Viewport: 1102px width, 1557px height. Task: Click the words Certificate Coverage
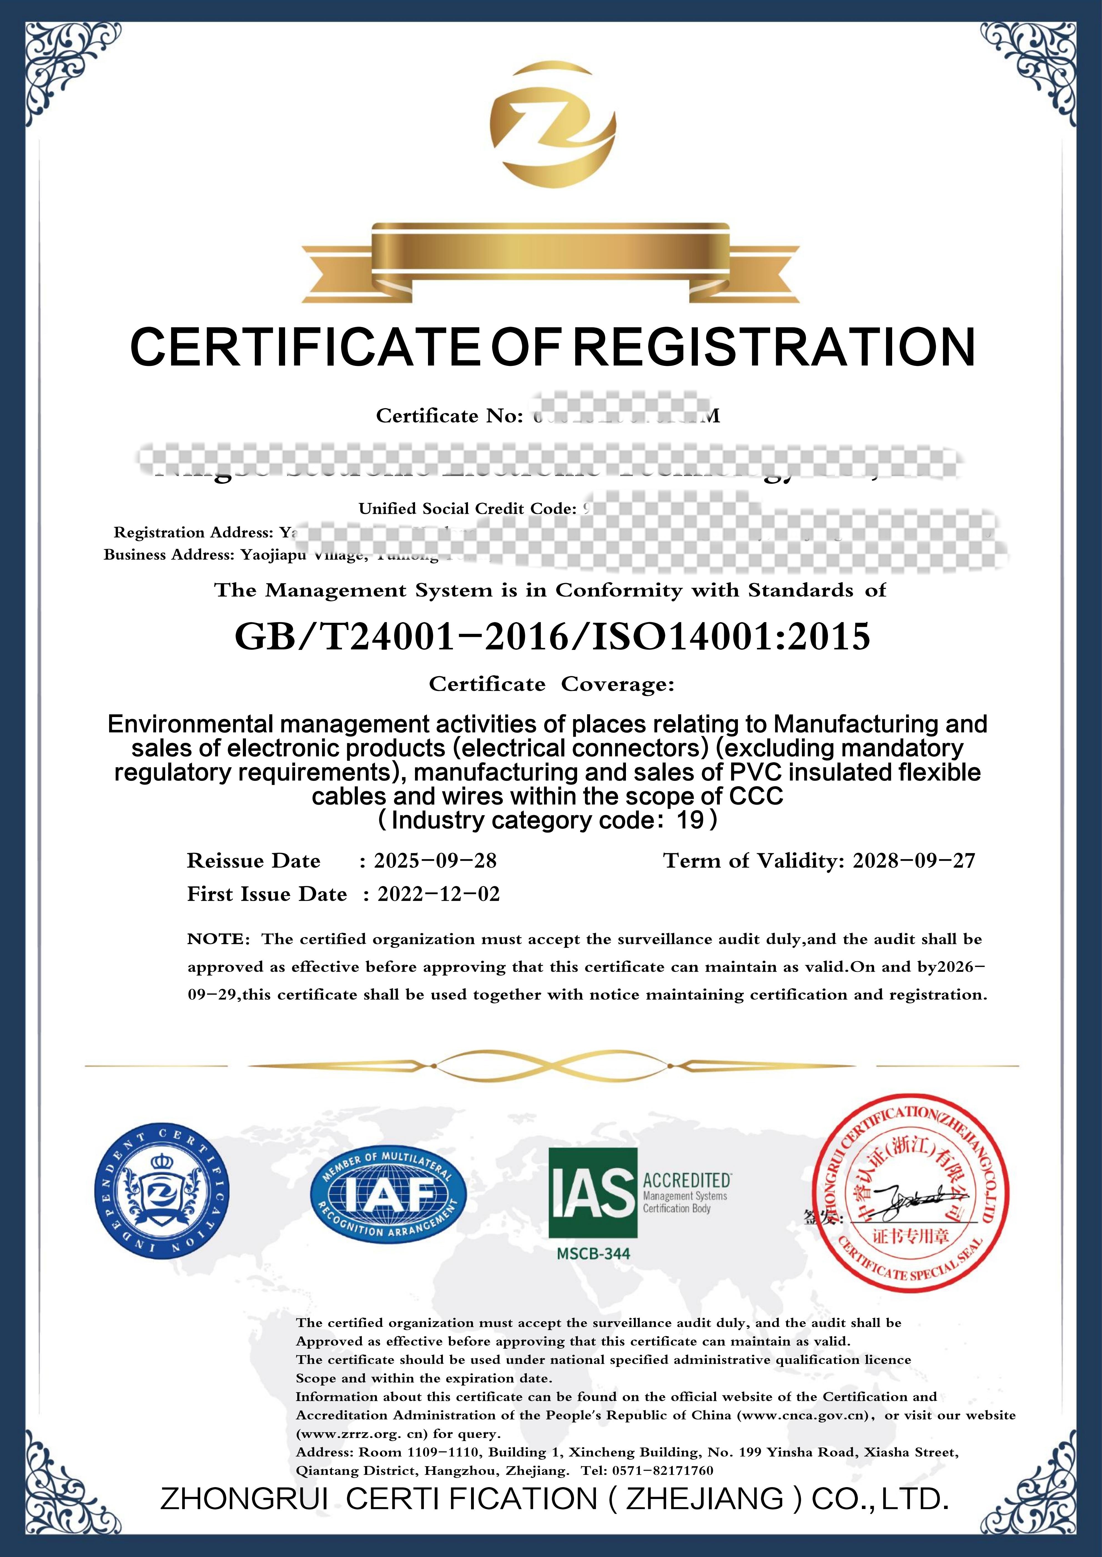pos(551,684)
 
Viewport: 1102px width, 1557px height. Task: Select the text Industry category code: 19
pos(548,821)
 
